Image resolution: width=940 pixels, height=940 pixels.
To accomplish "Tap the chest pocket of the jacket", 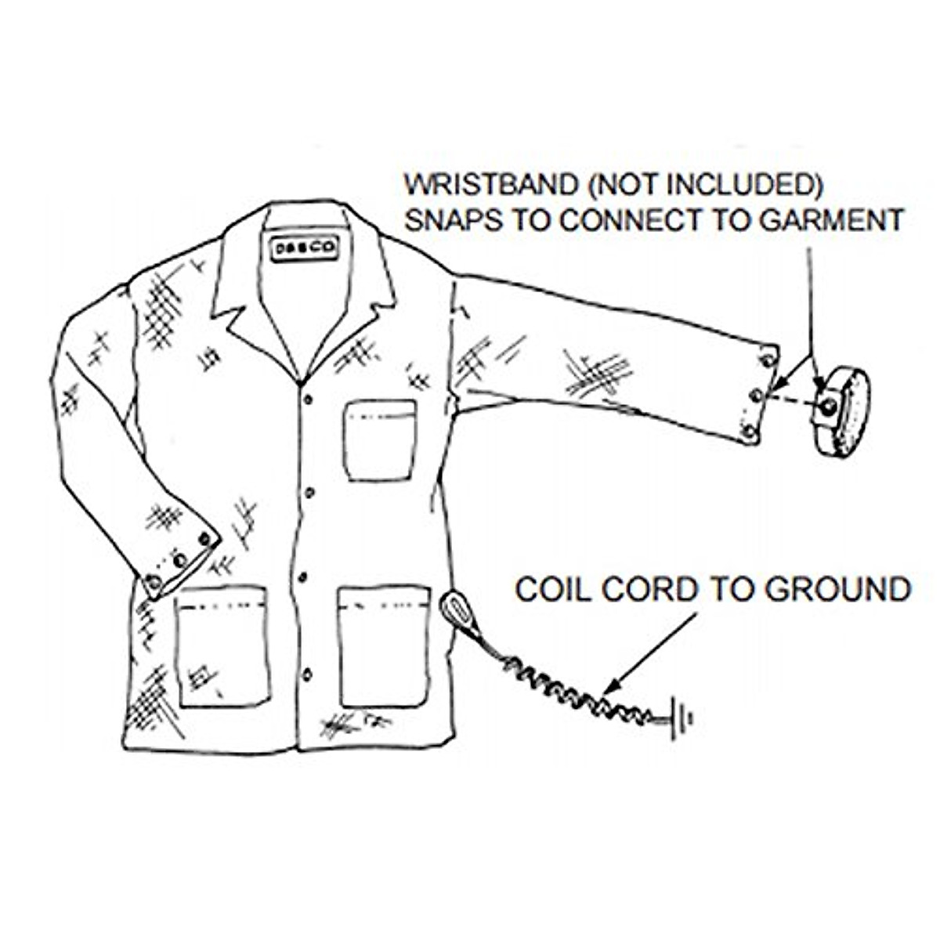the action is [x=380, y=439].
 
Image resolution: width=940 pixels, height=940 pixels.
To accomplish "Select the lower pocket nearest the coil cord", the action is [x=384, y=646].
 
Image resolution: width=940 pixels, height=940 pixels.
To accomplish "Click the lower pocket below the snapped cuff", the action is [x=222, y=646].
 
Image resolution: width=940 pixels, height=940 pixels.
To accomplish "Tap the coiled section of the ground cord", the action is [x=580, y=693].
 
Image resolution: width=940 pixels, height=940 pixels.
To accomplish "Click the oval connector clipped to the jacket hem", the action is [x=457, y=609].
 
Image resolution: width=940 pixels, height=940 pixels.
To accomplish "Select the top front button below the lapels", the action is [x=308, y=400].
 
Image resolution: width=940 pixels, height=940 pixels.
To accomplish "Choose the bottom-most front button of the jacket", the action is [x=306, y=674].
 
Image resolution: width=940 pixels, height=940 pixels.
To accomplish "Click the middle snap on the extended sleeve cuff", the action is [x=757, y=396].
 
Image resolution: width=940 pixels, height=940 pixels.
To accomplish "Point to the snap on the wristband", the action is [x=826, y=406].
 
